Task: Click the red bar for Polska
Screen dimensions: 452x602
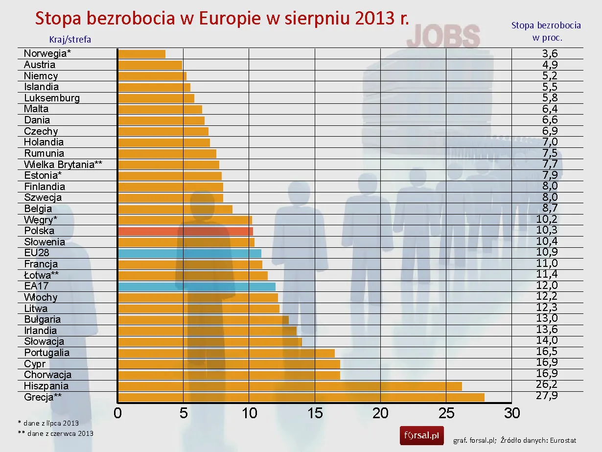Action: coord(185,231)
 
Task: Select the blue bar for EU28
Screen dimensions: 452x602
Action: coord(190,253)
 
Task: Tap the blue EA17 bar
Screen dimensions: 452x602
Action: coord(197,286)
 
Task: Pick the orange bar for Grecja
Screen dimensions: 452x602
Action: coord(301,397)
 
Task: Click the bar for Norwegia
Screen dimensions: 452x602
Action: coord(142,54)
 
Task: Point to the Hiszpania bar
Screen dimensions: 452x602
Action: coord(290,386)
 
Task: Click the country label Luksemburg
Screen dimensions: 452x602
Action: coord(52,98)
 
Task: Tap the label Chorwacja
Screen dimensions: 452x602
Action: coord(48,375)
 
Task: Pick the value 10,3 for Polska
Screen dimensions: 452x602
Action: coord(547,230)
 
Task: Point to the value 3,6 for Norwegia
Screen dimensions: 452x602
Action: coord(547,53)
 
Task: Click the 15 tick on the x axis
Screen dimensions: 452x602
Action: coord(315,413)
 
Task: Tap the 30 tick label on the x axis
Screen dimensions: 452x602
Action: coord(512,413)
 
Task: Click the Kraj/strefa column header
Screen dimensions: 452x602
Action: coord(70,40)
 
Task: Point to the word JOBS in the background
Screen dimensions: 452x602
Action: coord(443,37)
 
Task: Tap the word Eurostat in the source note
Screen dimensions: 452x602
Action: coord(563,440)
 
